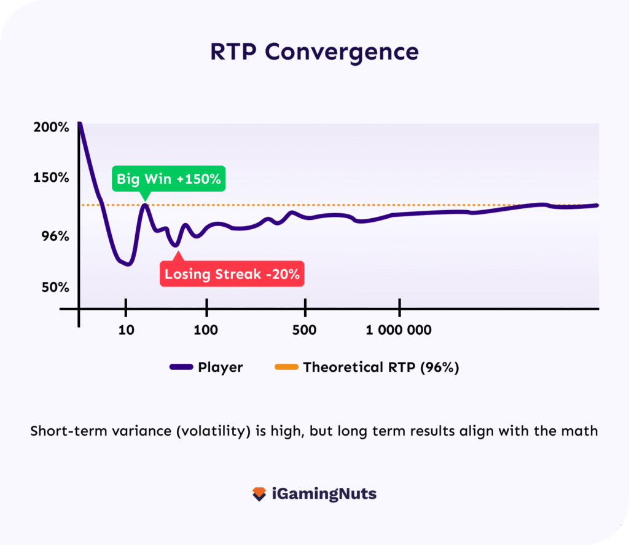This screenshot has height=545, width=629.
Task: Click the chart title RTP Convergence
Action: tap(314, 52)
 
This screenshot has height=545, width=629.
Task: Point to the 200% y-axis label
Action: tap(51, 128)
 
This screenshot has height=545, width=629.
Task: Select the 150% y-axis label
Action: tap(51, 178)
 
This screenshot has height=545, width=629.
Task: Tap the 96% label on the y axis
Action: tap(55, 237)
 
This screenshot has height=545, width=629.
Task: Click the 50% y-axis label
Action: tap(55, 288)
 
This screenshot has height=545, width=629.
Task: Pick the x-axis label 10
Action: tap(125, 331)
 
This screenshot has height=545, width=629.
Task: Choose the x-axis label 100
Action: tap(205, 331)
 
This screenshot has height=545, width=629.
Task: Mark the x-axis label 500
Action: tap(305, 331)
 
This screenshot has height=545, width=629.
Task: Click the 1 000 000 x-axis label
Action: tap(399, 331)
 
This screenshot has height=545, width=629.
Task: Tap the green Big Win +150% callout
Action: tap(169, 179)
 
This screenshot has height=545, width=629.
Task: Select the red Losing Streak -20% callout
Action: tap(232, 274)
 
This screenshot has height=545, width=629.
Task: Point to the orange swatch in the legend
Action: tap(286, 367)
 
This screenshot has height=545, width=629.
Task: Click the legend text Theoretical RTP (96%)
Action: tap(381, 367)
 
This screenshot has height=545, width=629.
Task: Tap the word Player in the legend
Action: tap(220, 367)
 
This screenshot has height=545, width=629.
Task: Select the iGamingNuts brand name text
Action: tap(324, 494)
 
